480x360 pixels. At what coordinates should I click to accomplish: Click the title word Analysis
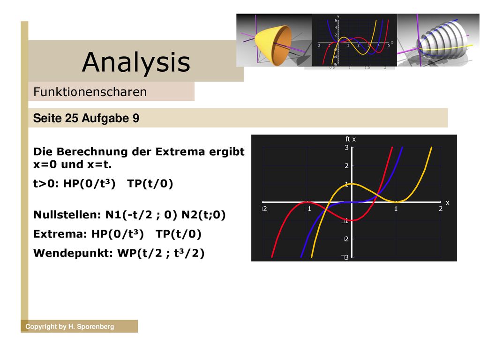[x=136, y=63]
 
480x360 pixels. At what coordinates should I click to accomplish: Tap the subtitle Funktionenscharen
[x=90, y=92]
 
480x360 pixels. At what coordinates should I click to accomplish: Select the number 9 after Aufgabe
[x=136, y=118]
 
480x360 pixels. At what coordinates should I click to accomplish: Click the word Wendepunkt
[x=73, y=254]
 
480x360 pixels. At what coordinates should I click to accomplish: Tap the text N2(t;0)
[x=203, y=215]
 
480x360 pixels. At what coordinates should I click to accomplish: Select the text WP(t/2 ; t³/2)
[x=161, y=253]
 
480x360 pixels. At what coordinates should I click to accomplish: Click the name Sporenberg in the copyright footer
[x=95, y=327]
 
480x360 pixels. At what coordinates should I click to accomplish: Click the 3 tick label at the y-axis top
[x=346, y=148]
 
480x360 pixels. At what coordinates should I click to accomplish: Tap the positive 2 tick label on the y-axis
[x=346, y=166]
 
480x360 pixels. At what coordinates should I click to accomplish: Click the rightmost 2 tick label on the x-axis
[x=441, y=209]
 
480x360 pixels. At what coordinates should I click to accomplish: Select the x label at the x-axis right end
[x=448, y=203]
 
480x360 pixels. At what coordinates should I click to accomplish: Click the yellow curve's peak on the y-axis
[x=352, y=184]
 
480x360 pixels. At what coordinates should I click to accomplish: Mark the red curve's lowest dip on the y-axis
[x=352, y=220]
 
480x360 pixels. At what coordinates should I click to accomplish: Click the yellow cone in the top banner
[x=273, y=45]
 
